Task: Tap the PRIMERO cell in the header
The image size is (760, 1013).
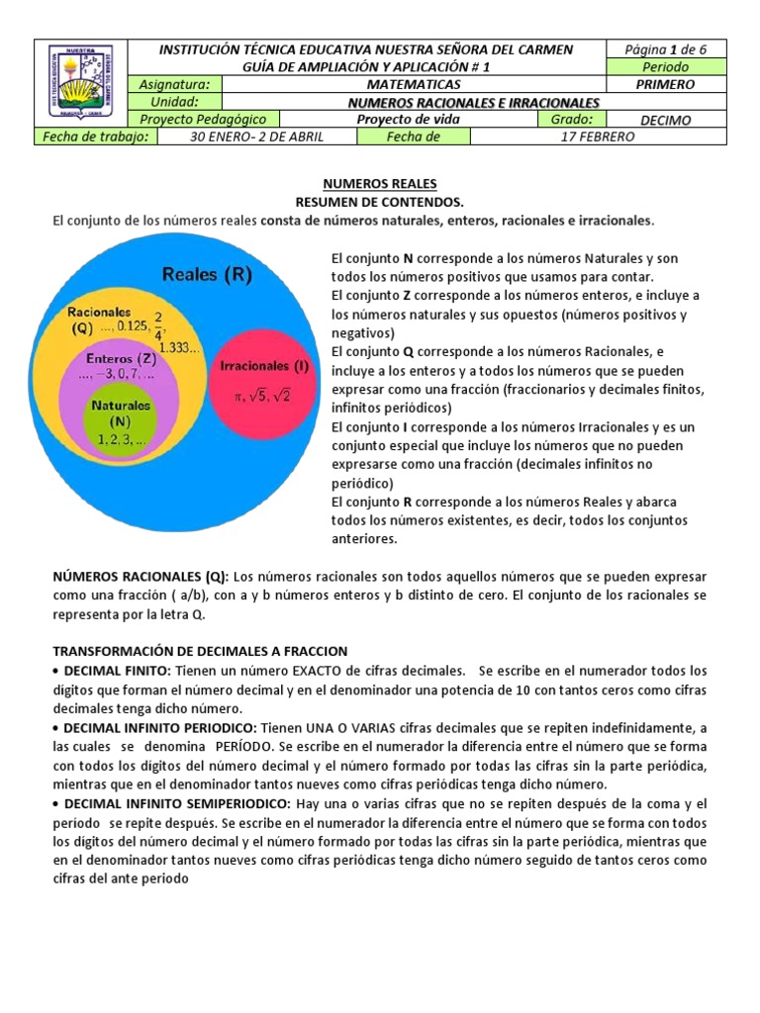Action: [x=665, y=85]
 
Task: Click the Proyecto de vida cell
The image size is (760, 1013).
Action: [x=408, y=120]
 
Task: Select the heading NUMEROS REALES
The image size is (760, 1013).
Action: [x=380, y=184]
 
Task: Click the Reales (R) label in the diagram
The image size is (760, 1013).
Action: [x=206, y=273]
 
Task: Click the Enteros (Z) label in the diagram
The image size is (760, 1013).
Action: [x=120, y=358]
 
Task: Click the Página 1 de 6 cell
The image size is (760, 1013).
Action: [x=665, y=48]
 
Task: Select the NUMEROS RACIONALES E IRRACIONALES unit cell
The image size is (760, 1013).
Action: [x=474, y=103]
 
